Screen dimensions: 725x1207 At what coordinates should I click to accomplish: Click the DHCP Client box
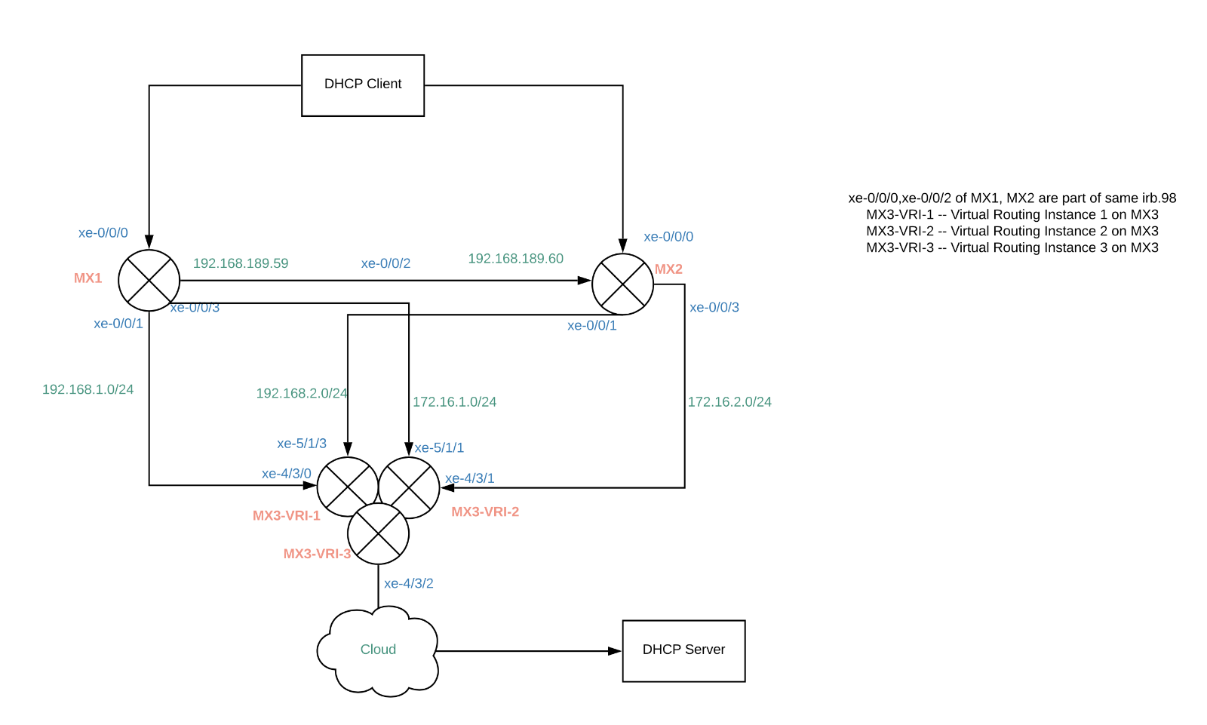click(x=363, y=85)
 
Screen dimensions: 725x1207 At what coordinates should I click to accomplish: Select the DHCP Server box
click(x=683, y=650)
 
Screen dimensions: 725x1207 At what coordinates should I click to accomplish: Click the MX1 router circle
click(x=149, y=280)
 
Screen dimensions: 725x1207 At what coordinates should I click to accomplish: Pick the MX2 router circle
click(x=622, y=284)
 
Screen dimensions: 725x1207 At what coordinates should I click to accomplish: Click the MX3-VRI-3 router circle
click(x=378, y=533)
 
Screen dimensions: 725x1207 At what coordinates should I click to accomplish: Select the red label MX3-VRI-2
click(x=485, y=511)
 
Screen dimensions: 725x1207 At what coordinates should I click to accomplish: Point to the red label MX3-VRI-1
click(x=287, y=516)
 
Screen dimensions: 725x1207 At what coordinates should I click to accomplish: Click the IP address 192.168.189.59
click(x=241, y=263)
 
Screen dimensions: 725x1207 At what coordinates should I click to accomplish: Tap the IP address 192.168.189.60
click(x=515, y=259)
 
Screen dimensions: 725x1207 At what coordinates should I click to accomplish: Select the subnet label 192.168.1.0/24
click(x=88, y=389)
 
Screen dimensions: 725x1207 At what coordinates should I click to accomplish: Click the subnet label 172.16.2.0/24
click(x=729, y=402)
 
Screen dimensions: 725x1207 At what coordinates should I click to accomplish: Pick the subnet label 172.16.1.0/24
click(x=454, y=402)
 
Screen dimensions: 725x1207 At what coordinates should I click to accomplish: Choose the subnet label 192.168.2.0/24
click(x=302, y=394)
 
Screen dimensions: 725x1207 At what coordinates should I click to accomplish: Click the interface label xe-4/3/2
click(x=408, y=583)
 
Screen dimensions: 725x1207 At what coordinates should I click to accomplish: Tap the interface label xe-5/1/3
click(x=302, y=444)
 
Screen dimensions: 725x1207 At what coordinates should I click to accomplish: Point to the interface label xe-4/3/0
click(x=287, y=474)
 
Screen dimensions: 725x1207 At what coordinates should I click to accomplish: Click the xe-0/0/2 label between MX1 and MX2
click(x=385, y=263)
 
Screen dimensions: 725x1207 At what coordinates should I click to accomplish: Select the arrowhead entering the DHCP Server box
click(x=615, y=651)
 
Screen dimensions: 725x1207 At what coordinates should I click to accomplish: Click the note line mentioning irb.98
click(x=1012, y=198)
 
